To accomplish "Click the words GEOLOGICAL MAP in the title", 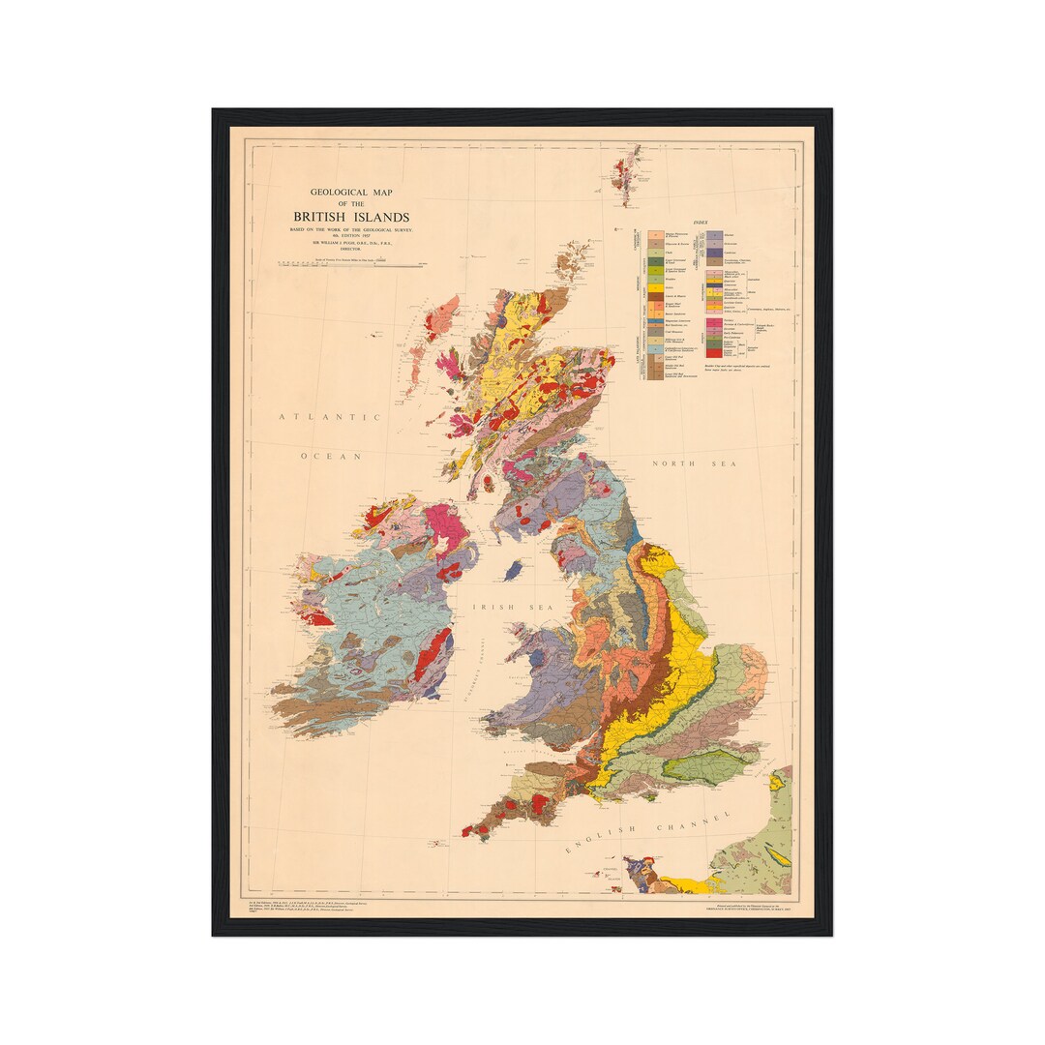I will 352,193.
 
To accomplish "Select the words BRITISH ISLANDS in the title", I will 351,217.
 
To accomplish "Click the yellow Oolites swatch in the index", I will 655,287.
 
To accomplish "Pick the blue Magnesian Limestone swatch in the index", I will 655,321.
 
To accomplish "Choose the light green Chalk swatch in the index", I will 655,253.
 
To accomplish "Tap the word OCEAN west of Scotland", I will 330,456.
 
